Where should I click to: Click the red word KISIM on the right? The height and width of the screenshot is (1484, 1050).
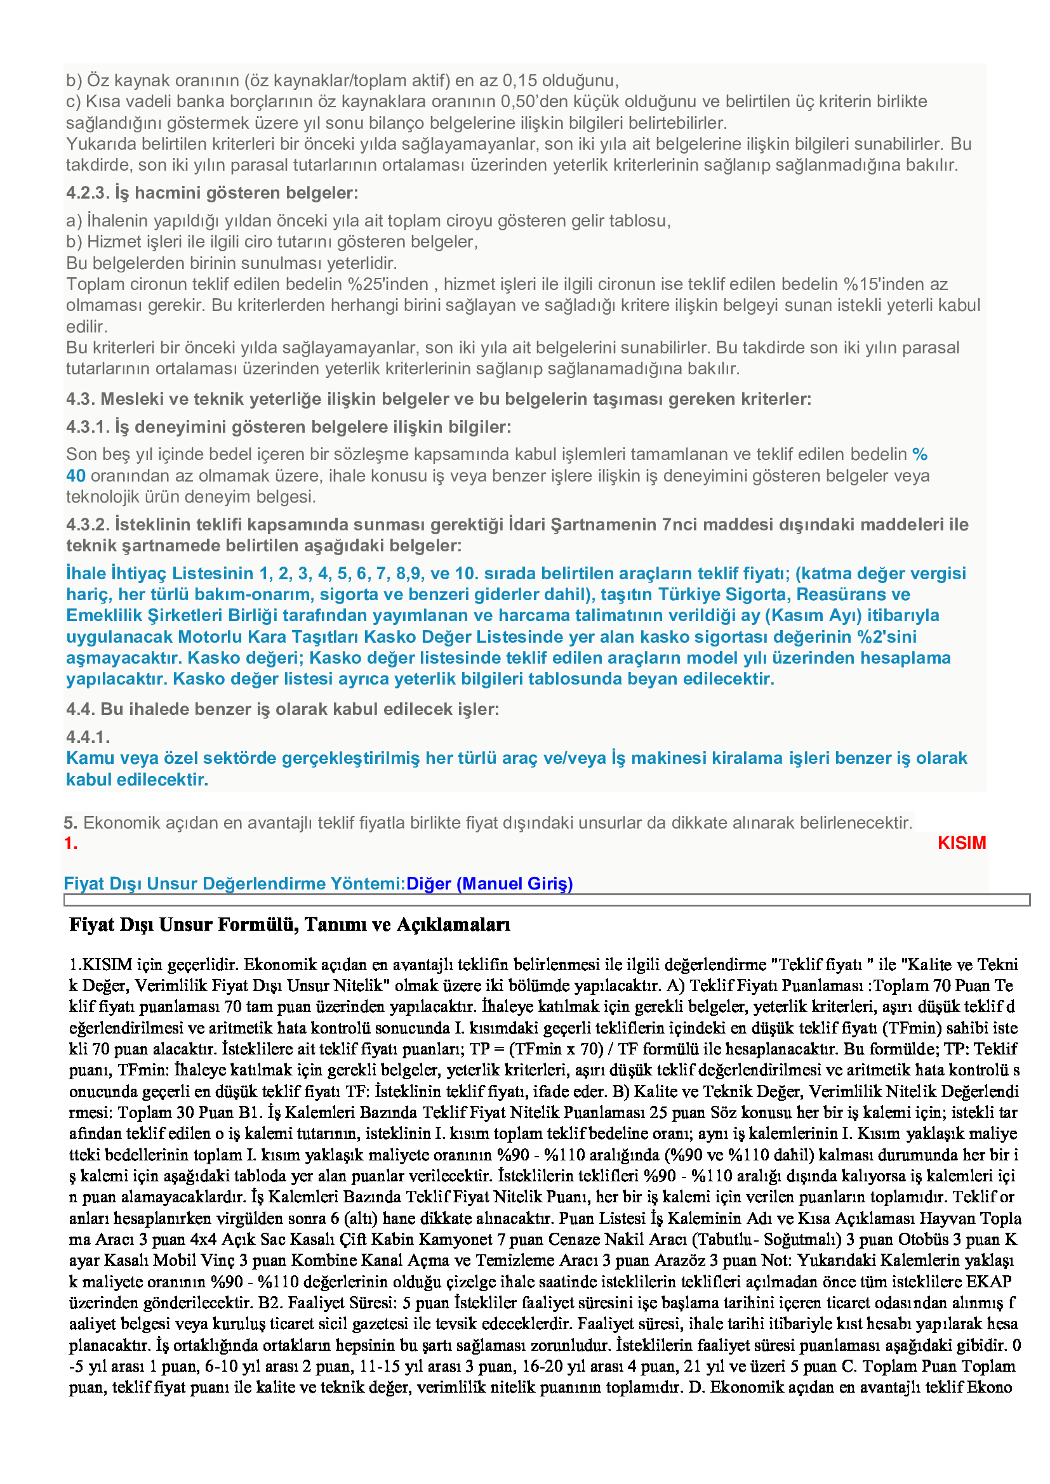point(961,843)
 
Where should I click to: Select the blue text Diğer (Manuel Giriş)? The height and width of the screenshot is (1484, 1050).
point(489,883)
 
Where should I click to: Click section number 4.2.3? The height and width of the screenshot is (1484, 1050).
point(88,193)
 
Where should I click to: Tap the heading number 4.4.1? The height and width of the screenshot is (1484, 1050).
point(88,736)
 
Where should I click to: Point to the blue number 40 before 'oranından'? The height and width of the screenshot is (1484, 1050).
point(76,476)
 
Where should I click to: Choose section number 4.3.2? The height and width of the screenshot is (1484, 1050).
point(88,524)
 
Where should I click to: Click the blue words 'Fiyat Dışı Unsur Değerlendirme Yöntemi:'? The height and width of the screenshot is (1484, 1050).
point(234,883)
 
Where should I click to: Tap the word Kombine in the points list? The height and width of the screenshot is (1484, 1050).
point(322,1260)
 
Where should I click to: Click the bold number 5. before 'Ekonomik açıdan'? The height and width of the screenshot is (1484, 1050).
point(70,823)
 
